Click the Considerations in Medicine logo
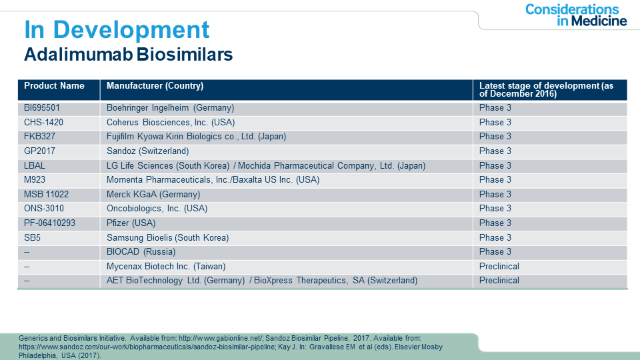[575, 15]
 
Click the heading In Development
[117, 30]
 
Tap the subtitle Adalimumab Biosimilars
[128, 54]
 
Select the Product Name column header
[54, 86]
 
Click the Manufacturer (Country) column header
[155, 86]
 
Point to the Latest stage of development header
[546, 90]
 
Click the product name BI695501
[41, 108]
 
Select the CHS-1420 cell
[43, 123]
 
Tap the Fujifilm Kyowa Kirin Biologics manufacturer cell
[196, 136]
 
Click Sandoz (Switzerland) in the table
[148, 151]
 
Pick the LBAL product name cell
[34, 166]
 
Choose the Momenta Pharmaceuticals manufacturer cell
[213, 180]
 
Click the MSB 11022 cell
[46, 194]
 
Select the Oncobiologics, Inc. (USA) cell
[157, 209]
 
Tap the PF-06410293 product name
[49, 223]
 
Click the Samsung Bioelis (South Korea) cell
[168, 237]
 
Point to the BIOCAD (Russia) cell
[141, 252]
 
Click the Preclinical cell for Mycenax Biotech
[499, 267]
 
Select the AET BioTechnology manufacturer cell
[262, 281]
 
